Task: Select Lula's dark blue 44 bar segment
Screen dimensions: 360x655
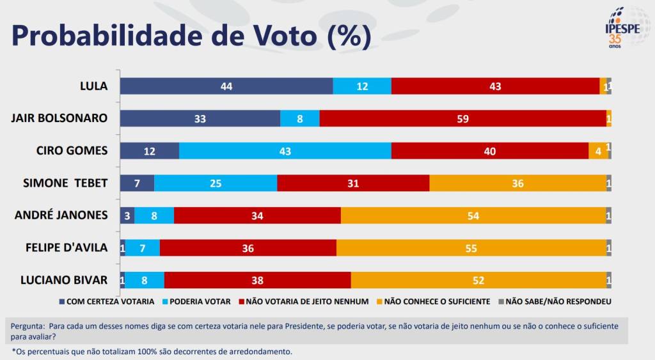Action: coord(226,86)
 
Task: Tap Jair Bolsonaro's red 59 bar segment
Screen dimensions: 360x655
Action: coord(462,118)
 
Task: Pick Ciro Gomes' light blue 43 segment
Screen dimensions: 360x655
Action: coord(285,151)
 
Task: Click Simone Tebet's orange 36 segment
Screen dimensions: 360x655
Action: coord(517,184)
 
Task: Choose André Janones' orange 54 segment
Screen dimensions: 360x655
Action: coord(473,215)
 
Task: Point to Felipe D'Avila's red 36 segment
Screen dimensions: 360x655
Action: coord(248,248)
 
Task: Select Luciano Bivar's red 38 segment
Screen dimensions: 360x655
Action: coord(257,280)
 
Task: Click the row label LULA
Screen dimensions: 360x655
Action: coord(93,86)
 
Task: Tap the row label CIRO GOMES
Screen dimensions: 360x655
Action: coord(72,150)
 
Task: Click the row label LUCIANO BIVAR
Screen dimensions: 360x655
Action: coord(64,279)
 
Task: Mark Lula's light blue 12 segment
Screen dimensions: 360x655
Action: coord(362,86)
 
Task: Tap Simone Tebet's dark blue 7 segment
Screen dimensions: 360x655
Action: coord(137,184)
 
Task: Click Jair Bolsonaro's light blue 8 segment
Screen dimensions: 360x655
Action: coord(300,118)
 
